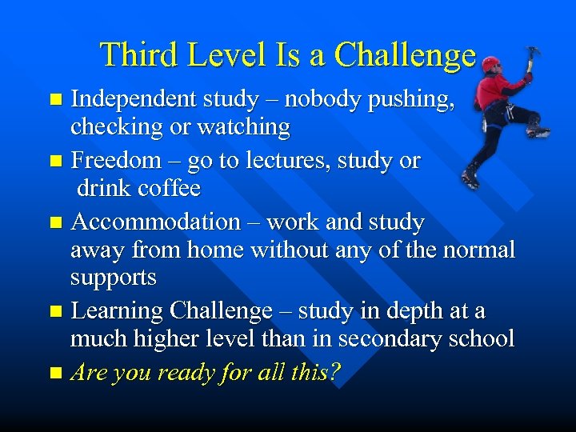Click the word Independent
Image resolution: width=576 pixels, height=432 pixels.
click(x=134, y=99)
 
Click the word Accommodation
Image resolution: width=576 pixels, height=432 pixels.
click(x=156, y=222)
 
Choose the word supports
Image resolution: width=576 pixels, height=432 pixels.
click(x=113, y=278)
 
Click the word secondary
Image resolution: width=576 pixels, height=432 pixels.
click(x=387, y=338)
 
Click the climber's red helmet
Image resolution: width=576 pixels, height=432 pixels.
click(x=490, y=63)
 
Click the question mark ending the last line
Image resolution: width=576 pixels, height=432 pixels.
click(x=334, y=372)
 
